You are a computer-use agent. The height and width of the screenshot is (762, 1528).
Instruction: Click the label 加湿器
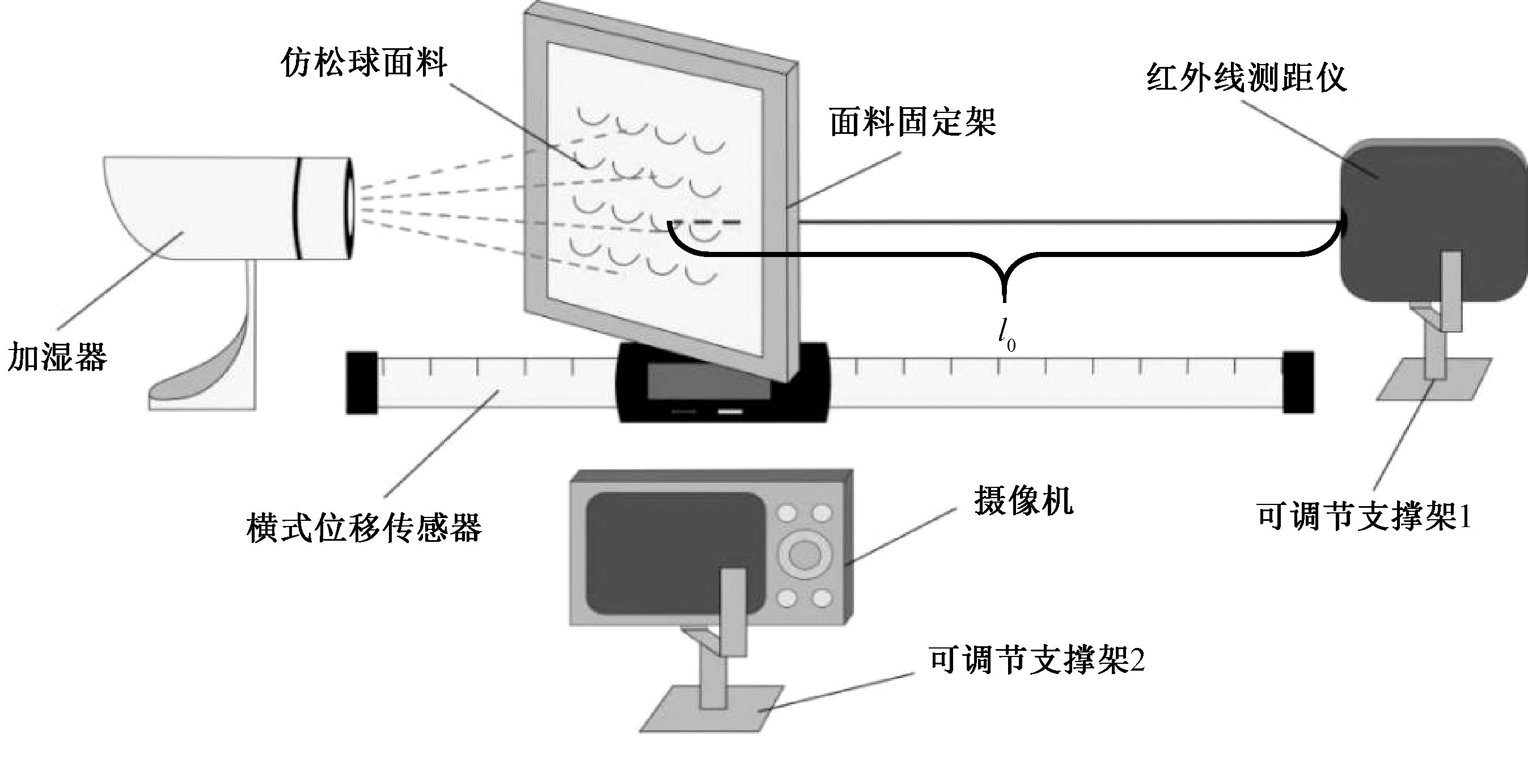(57, 357)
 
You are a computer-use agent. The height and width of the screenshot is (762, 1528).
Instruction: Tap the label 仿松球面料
(363, 63)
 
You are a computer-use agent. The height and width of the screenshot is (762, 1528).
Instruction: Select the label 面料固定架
(912, 122)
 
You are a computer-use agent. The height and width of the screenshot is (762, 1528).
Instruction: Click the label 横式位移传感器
(363, 528)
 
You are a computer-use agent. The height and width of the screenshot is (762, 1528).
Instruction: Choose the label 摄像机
(1023, 502)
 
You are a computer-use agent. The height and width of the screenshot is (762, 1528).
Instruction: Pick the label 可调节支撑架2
(1036, 659)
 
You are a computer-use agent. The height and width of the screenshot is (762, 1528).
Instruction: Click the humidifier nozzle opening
(349, 207)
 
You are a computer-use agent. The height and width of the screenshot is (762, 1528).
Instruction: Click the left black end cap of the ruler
(362, 383)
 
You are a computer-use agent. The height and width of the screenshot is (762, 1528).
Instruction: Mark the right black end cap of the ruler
(1298, 383)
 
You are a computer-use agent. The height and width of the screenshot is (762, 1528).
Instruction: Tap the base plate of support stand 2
(712, 709)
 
